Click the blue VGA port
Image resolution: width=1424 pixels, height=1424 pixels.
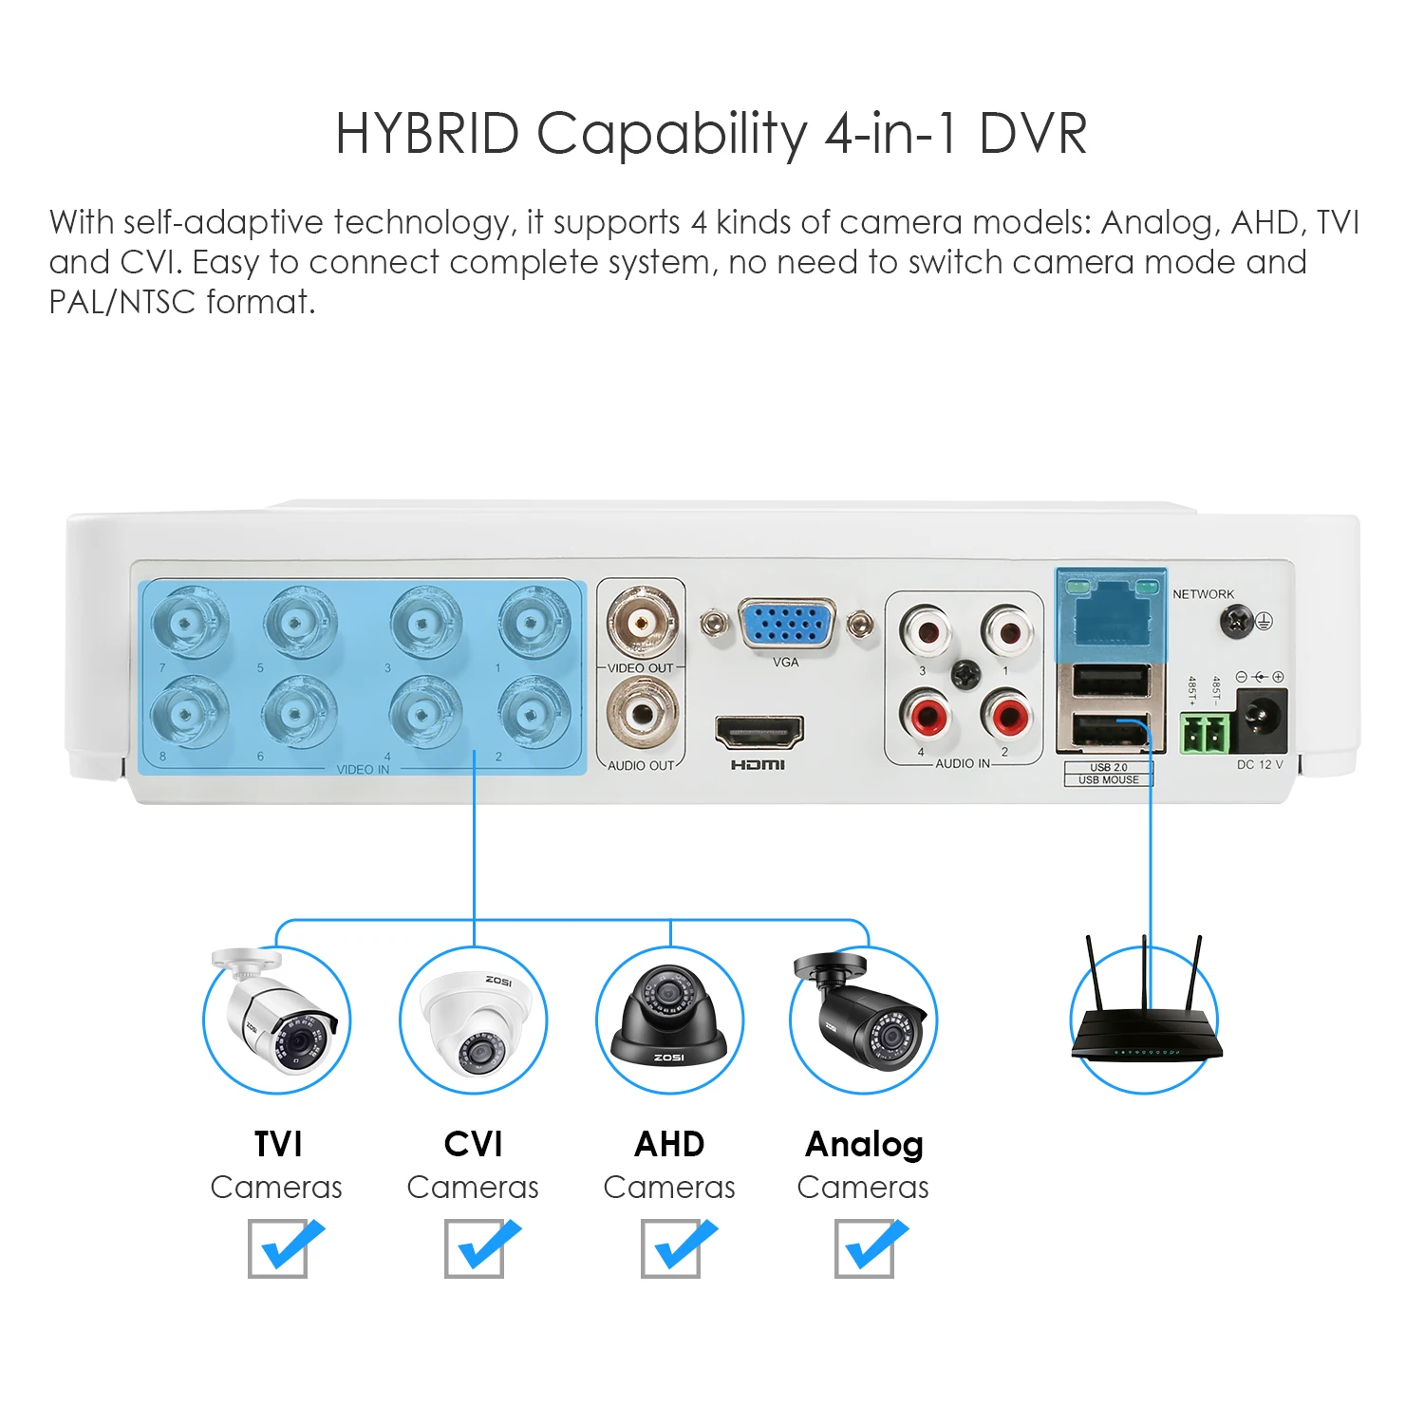[x=786, y=625]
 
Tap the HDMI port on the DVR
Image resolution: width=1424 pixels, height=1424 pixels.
[x=759, y=732]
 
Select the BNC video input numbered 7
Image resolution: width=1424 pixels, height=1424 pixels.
[x=188, y=623]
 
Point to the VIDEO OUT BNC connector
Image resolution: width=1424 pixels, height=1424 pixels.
[x=643, y=623]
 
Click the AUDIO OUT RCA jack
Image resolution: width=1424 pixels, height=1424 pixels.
[x=643, y=714]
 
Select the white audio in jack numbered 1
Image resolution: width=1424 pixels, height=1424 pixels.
[x=1007, y=629]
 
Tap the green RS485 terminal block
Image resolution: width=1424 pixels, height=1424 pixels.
[x=1205, y=734]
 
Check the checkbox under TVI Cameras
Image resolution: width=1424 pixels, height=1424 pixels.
[x=278, y=1248]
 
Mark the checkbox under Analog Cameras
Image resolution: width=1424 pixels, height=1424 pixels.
[x=864, y=1248]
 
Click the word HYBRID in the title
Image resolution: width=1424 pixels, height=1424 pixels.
[x=427, y=133]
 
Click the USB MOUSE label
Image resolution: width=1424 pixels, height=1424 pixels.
[x=1108, y=780]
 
